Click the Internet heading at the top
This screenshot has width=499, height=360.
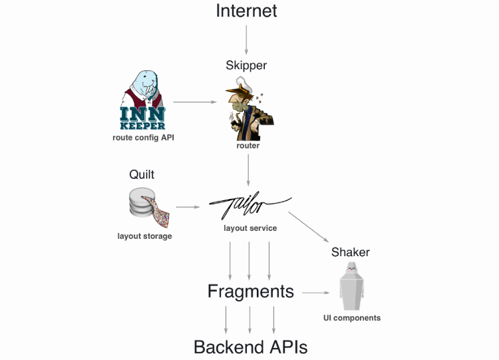pos(246,11)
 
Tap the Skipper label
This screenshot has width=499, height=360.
pos(246,65)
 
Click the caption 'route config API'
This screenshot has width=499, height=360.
pos(143,138)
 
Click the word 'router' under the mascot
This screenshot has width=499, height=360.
pos(248,145)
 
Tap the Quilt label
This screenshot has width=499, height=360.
pos(142,174)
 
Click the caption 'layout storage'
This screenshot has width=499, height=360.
pos(144,236)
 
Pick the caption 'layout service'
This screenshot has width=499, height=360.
pos(250,228)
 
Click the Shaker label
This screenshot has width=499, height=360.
pos(350,252)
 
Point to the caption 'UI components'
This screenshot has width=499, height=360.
pos(352,318)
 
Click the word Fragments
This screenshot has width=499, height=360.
pos(250,291)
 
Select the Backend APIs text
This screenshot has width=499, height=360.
pos(250,347)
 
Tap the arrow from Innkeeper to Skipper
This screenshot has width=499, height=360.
pos(195,102)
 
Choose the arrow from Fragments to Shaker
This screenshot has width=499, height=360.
pos(317,292)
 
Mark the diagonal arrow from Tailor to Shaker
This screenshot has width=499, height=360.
pos(309,228)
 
